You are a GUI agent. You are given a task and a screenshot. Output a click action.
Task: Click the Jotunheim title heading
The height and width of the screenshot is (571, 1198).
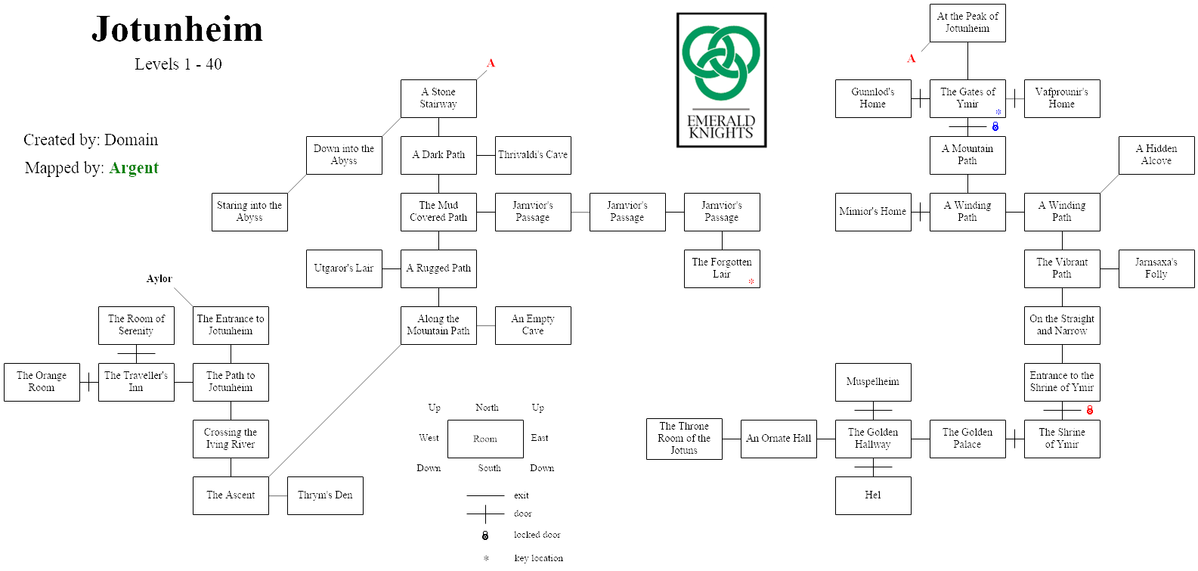coord(178,30)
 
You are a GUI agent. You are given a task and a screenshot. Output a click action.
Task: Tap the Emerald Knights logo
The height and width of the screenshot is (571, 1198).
coord(721,79)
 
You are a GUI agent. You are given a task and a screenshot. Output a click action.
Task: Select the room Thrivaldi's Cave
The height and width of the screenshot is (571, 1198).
coord(533,155)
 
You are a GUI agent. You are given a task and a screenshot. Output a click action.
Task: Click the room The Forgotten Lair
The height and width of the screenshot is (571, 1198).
coord(721,268)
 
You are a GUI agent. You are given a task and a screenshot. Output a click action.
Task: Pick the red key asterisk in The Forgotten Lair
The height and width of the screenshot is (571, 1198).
coord(751,282)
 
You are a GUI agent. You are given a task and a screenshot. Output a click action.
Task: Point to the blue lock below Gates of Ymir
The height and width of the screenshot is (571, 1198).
coord(995,127)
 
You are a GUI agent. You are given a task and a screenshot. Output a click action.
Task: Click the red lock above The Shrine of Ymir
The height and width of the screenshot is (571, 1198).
coord(1090,411)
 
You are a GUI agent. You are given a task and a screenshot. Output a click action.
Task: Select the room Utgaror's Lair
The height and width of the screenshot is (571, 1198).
coord(344,268)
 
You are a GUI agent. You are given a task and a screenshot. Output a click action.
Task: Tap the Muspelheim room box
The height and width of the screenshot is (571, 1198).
coord(873,382)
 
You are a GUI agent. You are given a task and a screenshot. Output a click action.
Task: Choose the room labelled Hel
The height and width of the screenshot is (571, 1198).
coord(873,495)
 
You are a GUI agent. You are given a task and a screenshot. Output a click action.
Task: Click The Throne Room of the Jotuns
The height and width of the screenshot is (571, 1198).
coord(684,439)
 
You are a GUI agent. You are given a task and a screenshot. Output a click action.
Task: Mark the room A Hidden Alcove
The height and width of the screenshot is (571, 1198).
coord(1156,155)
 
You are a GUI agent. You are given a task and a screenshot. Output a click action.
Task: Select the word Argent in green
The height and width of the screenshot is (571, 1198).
coord(134,168)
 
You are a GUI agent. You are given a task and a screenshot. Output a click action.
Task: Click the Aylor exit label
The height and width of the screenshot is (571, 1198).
coord(159,279)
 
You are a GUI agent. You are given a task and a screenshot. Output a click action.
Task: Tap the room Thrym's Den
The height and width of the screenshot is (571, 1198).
coord(325,495)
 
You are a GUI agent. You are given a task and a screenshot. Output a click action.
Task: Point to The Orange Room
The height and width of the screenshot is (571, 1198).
coord(42,382)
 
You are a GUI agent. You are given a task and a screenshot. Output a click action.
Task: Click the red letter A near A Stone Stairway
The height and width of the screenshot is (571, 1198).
coord(491,64)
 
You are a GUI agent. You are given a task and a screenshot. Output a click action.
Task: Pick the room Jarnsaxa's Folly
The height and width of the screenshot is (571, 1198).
coord(1156,268)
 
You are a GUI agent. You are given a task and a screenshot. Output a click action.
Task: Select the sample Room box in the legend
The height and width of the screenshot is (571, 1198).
coord(485,439)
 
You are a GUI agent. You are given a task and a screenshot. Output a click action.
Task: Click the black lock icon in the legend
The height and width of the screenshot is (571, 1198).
coord(485,535)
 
